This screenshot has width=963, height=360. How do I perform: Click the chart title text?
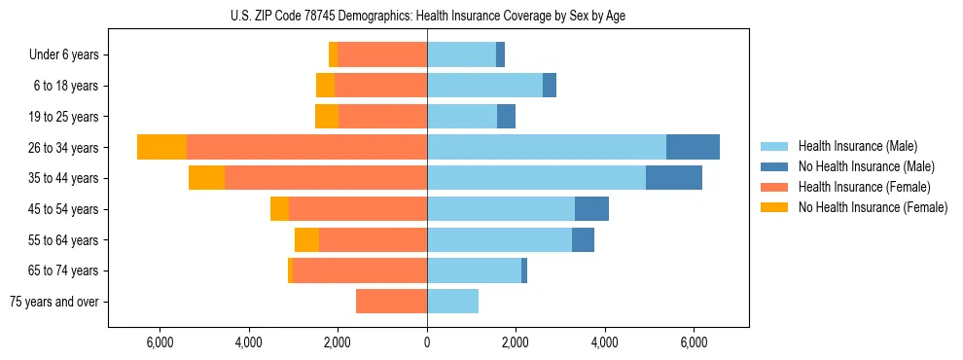(x=427, y=16)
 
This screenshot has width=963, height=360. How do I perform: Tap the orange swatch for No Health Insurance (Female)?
(x=775, y=207)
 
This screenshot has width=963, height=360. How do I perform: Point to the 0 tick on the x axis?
(x=427, y=342)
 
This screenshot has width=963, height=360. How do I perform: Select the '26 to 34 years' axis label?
(x=65, y=148)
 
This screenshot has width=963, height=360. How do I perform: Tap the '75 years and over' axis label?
(x=54, y=302)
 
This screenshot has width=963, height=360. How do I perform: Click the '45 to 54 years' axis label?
(x=65, y=209)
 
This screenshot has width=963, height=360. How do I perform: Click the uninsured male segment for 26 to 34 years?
(x=693, y=147)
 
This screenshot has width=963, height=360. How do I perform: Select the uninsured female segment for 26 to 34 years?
(x=161, y=147)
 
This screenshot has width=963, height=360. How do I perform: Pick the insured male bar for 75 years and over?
(x=452, y=301)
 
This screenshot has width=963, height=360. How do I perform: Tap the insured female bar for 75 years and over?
(x=391, y=301)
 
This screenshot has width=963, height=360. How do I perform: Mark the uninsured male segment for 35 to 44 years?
(x=673, y=178)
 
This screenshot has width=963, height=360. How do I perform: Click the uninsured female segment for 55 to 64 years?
(x=306, y=239)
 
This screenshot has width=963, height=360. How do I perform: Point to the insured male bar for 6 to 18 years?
(x=484, y=86)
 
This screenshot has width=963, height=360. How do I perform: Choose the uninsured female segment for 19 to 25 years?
(x=327, y=117)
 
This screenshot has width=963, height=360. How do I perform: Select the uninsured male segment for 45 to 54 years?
(x=591, y=208)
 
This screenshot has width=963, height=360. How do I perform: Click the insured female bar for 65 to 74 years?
(x=360, y=270)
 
